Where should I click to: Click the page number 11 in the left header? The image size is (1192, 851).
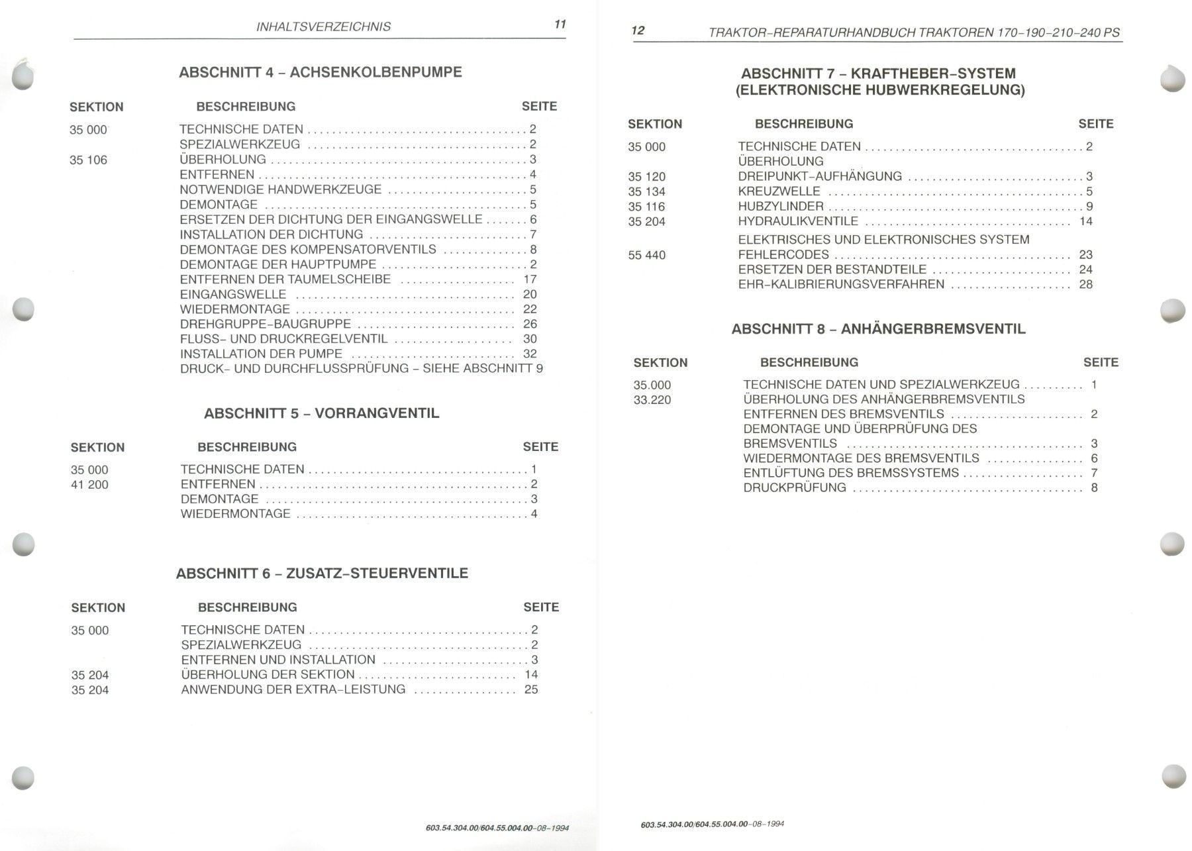[x=560, y=25]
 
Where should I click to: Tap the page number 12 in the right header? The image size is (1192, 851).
[x=638, y=30]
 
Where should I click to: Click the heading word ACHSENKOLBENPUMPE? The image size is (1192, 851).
[x=376, y=72]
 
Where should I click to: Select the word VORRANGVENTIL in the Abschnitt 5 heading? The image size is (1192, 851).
[x=377, y=413]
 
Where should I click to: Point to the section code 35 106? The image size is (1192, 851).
[x=88, y=160]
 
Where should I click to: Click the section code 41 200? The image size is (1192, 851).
[x=89, y=485]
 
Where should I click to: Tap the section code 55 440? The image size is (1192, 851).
[x=646, y=255]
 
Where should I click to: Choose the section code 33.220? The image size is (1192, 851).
[x=652, y=400]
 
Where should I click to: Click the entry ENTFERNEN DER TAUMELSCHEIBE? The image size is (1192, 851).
[x=285, y=279]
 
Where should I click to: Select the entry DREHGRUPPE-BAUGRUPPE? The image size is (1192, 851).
[x=266, y=324]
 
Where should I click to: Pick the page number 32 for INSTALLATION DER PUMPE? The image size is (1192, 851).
[x=530, y=354]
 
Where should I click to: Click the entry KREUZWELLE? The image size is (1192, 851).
[x=779, y=191]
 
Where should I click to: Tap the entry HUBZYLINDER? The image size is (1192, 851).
[x=781, y=207]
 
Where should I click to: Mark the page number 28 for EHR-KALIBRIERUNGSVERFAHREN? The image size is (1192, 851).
[x=1085, y=284]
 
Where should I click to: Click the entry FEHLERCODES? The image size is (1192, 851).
[x=783, y=254]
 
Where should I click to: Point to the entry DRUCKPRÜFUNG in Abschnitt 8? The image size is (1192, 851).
[x=795, y=487]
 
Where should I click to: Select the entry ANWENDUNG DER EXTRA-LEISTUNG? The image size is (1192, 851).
[x=293, y=689]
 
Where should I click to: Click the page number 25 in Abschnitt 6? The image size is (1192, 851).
[x=531, y=689]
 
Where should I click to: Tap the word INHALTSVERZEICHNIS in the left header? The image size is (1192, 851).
[x=323, y=26]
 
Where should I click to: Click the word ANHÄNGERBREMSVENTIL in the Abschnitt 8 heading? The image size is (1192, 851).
[x=933, y=329]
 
